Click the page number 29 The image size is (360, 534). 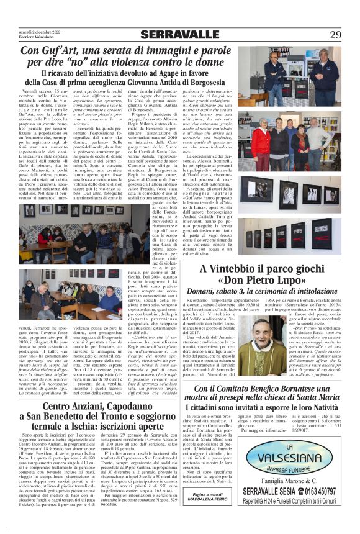pyautogui.click(x=335, y=34)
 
